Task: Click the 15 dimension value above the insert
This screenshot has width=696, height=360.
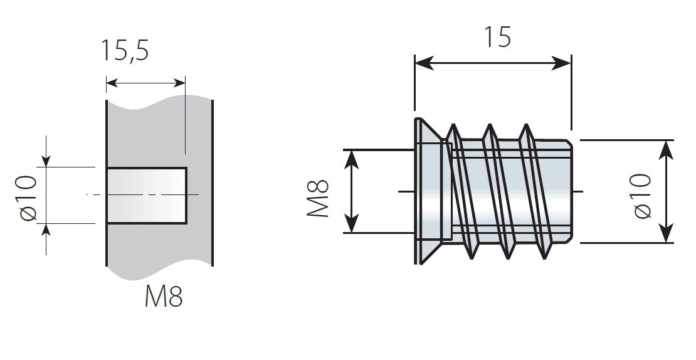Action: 497,37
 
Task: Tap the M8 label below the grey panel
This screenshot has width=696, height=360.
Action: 164,297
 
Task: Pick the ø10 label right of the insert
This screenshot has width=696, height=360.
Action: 642,196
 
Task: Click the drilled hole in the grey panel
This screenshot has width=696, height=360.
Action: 147,195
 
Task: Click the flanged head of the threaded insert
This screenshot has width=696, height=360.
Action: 433,191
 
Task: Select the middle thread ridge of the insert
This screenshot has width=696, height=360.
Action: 499,191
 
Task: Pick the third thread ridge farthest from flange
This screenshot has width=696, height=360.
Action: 535,191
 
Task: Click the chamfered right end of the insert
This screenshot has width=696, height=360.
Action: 571,191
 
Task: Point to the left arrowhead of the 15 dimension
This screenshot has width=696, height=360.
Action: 423,63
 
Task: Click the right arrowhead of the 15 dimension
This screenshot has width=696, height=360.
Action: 562,63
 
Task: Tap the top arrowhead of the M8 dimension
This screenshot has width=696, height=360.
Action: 352,159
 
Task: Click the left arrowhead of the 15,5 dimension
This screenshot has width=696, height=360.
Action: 113,83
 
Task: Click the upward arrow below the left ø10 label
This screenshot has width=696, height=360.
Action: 46,239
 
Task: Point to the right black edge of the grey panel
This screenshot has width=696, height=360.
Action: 213,183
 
